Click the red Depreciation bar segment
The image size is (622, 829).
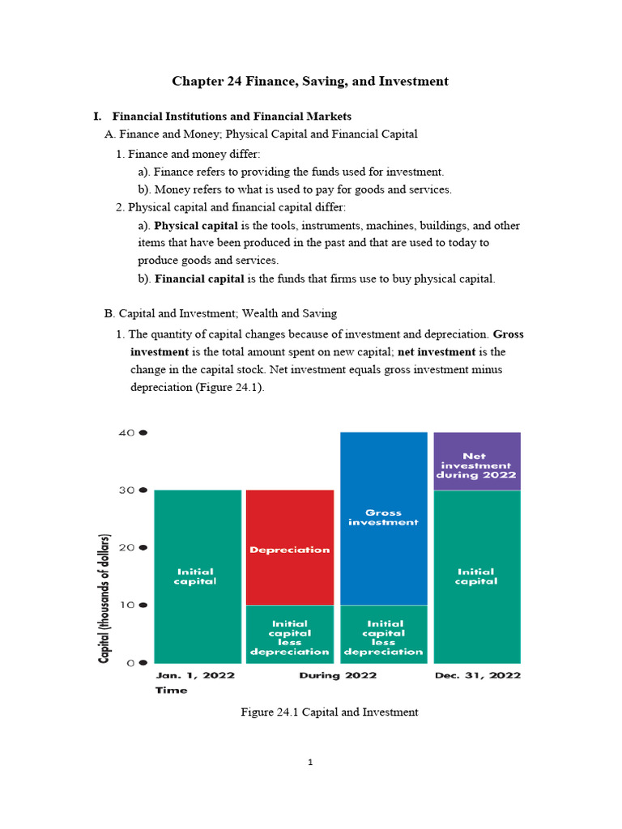click(289, 547)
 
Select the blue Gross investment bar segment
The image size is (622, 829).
click(383, 518)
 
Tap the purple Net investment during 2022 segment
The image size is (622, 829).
click(477, 461)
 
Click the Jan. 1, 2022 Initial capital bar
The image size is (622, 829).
click(197, 576)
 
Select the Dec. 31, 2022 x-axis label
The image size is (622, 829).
click(478, 674)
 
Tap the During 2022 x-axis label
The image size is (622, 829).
click(338, 674)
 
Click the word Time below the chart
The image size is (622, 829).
click(170, 690)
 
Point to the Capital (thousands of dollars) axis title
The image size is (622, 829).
click(104, 599)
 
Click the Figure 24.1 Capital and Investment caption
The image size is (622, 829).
click(330, 712)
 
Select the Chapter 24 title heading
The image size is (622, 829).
click(310, 81)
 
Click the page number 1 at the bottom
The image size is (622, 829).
click(311, 762)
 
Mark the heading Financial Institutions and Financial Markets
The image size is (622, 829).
click(232, 117)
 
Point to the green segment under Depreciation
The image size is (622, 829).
click(289, 637)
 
